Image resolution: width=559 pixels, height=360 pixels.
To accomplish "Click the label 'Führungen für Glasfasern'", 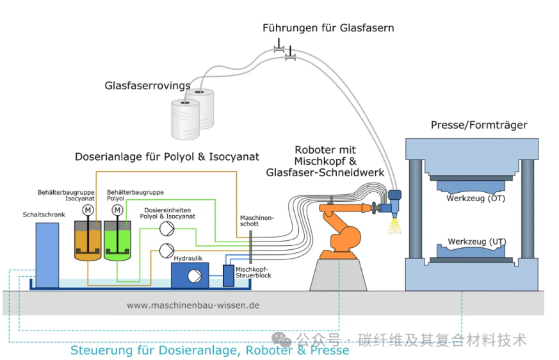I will [x=328, y=28].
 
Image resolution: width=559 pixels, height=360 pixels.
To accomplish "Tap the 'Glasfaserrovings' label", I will [x=148, y=85].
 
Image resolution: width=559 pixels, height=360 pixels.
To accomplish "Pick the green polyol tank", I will [x=117, y=242].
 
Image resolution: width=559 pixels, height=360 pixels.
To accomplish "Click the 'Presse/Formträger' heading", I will [x=479, y=125].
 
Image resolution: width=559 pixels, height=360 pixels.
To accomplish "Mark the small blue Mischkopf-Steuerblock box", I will [x=228, y=275].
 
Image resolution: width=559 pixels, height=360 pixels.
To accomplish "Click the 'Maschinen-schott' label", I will [x=256, y=221].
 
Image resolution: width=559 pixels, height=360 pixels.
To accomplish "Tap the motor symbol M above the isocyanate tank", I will [x=87, y=209].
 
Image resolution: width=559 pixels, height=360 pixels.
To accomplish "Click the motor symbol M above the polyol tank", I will [x=117, y=209].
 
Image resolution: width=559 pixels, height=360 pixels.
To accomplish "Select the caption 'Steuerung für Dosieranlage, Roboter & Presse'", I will [x=210, y=350].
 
